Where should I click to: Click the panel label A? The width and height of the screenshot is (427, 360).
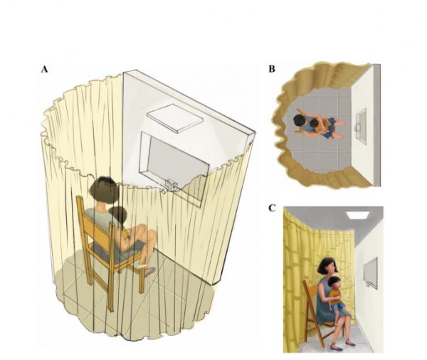pyautogui.click(x=44, y=70)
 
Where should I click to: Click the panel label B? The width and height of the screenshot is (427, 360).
pyautogui.click(x=272, y=69)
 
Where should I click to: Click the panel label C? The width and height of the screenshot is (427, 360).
pyautogui.click(x=272, y=208)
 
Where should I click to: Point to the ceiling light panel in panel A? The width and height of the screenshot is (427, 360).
pyautogui.click(x=175, y=118)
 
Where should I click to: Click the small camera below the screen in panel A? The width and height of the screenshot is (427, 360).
pyautogui.click(x=172, y=185)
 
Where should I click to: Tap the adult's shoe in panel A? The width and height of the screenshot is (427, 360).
pyautogui.click(x=149, y=272)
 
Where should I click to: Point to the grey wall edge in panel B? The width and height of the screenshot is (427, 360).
pyautogui.click(x=377, y=125)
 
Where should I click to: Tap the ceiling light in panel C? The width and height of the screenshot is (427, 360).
pyautogui.click(x=357, y=215)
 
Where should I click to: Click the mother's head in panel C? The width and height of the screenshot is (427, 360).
pyautogui.click(x=327, y=265)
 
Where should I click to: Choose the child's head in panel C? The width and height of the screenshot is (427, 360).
pyautogui.click(x=335, y=283)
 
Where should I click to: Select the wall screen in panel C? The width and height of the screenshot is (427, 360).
pyautogui.click(x=371, y=272)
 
